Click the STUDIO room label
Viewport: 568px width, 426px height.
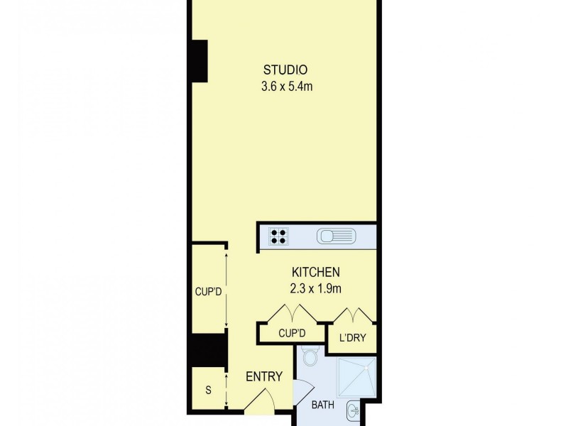pyautogui.click(x=285, y=70)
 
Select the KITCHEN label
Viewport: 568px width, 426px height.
pyautogui.click(x=316, y=272)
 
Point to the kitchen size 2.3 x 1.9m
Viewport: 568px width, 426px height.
pyautogui.click(x=316, y=289)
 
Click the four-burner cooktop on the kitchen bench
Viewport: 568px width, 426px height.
pyautogui.click(x=278, y=235)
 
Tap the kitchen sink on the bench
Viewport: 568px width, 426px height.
pyautogui.click(x=334, y=235)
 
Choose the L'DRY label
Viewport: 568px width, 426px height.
pyautogui.click(x=351, y=338)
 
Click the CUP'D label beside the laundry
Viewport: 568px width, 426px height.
pyautogui.click(x=292, y=332)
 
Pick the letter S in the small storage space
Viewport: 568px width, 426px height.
pyautogui.click(x=208, y=390)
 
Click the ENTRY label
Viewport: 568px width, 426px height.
pyautogui.click(x=264, y=377)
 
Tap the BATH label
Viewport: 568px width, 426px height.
pyautogui.click(x=323, y=405)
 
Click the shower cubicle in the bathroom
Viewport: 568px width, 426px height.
pyautogui.click(x=358, y=376)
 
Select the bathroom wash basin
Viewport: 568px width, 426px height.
pyautogui.click(x=354, y=410)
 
